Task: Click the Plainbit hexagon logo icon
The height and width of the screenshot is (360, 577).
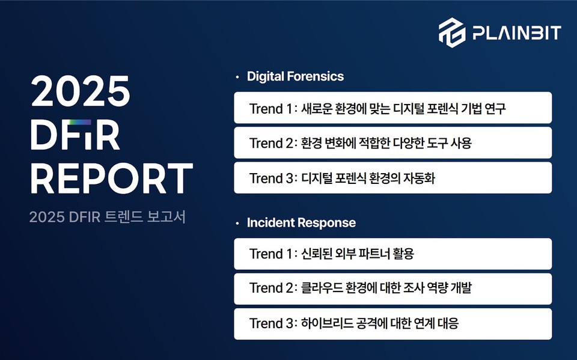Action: (452, 32)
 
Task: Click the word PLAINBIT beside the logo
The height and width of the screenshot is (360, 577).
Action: (517, 32)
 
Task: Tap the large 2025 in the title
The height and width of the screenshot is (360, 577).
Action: (80, 91)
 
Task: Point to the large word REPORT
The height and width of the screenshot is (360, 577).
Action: (112, 178)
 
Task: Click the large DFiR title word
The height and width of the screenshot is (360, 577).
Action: (75, 135)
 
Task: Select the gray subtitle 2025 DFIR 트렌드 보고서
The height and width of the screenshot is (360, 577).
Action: (108, 217)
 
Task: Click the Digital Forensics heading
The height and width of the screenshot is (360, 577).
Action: (295, 76)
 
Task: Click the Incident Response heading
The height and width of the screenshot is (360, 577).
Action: (301, 222)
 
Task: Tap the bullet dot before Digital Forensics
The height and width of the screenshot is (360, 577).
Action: (237, 77)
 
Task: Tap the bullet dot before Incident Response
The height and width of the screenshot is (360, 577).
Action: (237, 223)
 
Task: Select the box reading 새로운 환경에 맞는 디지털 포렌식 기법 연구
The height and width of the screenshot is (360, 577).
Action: (392, 108)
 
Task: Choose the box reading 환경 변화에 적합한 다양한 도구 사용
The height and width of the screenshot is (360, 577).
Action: (392, 142)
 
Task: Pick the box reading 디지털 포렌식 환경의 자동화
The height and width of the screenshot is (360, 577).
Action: (392, 177)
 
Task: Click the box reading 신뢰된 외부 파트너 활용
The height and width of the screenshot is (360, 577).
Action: (392, 254)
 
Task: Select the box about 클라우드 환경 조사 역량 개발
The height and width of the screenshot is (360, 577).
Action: (392, 288)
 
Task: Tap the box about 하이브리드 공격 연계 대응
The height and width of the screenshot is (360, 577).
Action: (392, 324)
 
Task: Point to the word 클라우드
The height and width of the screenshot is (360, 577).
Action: (322, 288)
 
